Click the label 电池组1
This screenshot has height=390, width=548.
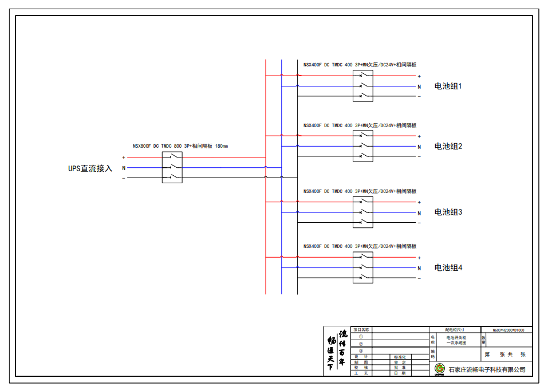(448, 86)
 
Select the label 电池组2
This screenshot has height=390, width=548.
(448, 147)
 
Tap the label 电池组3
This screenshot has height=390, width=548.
(448, 212)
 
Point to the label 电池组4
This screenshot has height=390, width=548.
(448, 267)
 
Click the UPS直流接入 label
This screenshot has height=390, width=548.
(90, 168)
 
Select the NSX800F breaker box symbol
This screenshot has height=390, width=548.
(172, 168)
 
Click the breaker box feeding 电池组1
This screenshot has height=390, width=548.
(362, 86)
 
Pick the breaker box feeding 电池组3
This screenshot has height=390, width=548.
(362, 212)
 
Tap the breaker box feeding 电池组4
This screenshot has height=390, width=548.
(362, 267)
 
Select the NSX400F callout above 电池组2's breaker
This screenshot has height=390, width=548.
(360, 125)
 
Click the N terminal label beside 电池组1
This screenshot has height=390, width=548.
(419, 86)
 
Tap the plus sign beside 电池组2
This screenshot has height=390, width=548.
(419, 137)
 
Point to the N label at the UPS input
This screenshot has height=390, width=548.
(124, 168)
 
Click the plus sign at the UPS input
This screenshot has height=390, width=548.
(124, 157)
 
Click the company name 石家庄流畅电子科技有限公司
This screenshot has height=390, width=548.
(487, 370)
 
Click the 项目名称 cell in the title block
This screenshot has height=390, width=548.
(361, 330)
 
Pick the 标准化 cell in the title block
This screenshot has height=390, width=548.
(400, 357)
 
